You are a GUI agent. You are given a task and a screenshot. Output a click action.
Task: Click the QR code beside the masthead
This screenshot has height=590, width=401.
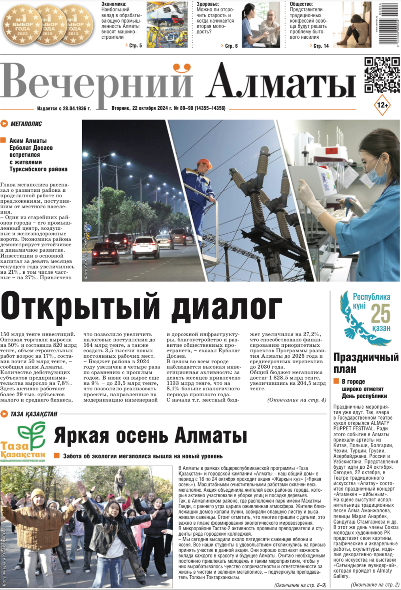(x=382, y=75)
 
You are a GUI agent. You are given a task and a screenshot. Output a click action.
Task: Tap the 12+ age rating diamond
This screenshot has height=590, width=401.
(x=382, y=105)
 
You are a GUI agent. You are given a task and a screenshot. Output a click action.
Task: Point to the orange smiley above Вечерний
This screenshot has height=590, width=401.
(x=182, y=68)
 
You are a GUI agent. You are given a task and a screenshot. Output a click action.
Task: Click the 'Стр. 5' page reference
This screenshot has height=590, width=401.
(x=135, y=46)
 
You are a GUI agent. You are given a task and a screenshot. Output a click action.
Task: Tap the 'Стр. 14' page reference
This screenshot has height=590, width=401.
(x=321, y=46)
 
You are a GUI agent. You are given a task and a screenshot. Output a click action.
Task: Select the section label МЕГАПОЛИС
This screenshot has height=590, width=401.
(x=26, y=124)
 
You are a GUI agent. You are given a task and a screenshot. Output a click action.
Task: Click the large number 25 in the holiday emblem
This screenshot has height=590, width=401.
(x=380, y=313)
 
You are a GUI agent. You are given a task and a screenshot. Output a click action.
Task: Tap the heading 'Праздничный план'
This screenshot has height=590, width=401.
(x=366, y=363)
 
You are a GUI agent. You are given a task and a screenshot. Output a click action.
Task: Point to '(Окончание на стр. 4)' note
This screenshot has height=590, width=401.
(x=296, y=400)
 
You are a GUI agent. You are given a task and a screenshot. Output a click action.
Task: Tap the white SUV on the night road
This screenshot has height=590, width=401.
(x=145, y=246)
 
